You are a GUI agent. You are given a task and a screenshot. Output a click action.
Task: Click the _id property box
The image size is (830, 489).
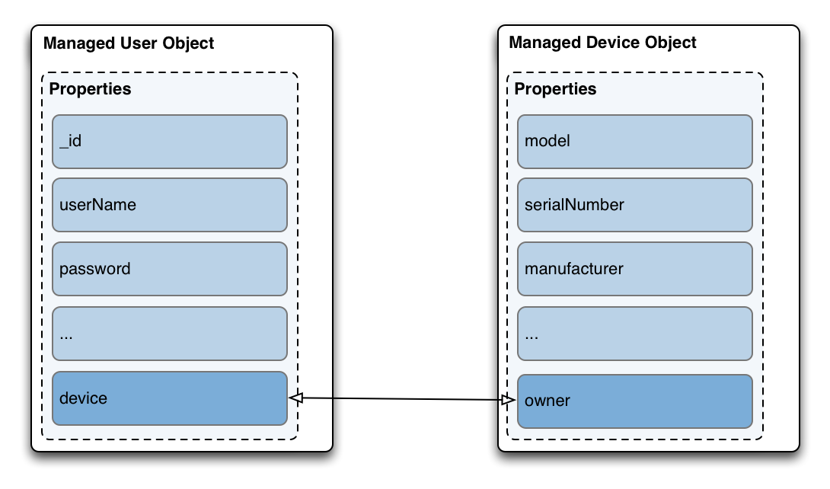169,142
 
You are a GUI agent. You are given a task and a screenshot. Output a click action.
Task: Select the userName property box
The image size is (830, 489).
169,205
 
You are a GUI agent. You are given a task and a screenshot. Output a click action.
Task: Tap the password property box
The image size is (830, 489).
169,269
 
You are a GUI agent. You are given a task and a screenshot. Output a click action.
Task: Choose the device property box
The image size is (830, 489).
169,398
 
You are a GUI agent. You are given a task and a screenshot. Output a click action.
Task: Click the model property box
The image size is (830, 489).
634,142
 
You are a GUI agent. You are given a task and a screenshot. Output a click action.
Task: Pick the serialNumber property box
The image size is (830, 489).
634,205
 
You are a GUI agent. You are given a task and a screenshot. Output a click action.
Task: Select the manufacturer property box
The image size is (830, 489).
634,269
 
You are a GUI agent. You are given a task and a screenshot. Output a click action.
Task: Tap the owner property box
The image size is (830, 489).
634,401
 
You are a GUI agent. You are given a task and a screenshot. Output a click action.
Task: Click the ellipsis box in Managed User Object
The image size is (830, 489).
169,334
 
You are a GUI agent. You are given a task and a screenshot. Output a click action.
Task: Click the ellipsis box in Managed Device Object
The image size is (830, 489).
634,334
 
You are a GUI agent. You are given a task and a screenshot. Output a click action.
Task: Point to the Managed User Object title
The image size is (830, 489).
129,43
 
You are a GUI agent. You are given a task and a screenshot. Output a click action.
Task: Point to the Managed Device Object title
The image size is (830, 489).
602,43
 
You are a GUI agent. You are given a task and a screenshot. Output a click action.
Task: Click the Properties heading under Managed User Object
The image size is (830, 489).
90,89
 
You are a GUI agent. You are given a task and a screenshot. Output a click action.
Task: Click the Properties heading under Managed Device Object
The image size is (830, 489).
555,89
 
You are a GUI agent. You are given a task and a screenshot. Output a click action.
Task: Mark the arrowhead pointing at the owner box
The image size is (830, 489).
509,400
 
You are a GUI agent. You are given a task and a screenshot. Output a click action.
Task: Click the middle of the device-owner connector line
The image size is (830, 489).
403,398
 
